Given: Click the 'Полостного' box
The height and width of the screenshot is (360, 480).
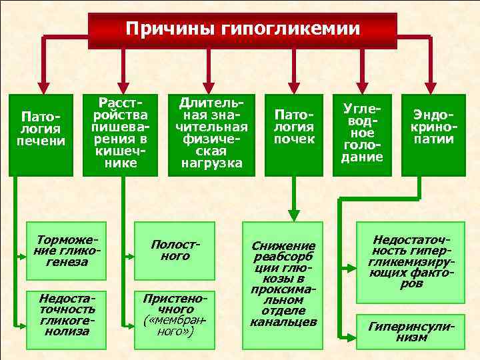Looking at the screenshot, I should pyautogui.click(x=175, y=251).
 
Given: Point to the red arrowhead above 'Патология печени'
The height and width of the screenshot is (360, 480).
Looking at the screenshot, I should pyautogui.click(x=43, y=87).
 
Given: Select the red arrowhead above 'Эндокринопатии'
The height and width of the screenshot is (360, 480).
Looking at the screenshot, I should pyautogui.click(x=431, y=87).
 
